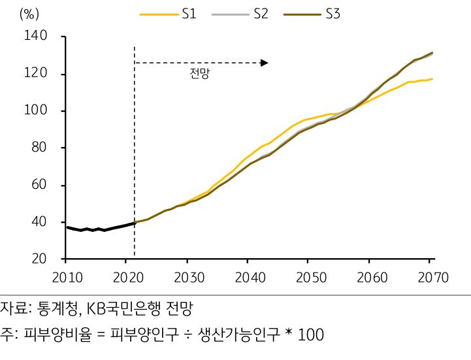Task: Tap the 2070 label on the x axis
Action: (432, 277)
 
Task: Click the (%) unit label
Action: (31, 14)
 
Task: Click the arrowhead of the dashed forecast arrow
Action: (264, 63)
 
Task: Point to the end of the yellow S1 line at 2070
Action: (432, 79)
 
